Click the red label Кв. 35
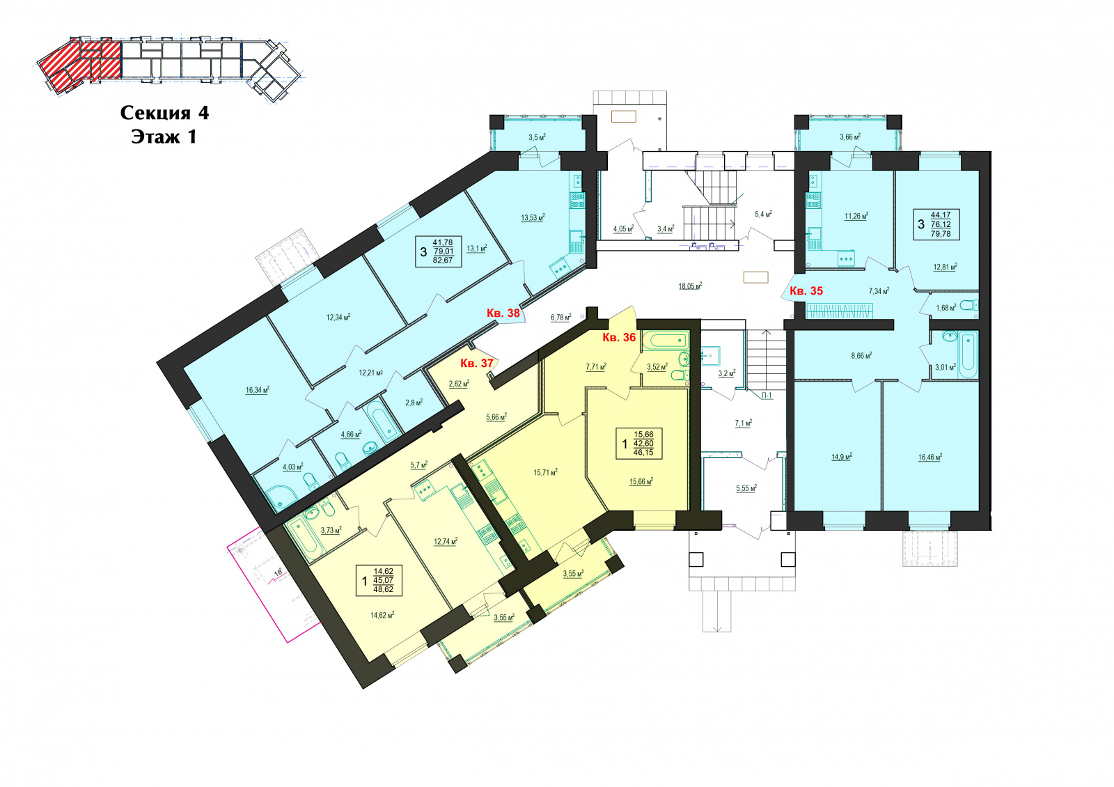[x=806, y=291]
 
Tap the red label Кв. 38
[x=503, y=313]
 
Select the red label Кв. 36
[x=619, y=337]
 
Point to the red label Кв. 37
[x=476, y=363]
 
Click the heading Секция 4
[x=164, y=113]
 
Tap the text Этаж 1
[x=164, y=137]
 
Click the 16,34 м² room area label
[x=257, y=390]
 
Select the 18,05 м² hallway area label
[x=690, y=286]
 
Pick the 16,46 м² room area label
[x=930, y=458]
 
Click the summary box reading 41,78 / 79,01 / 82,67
[x=438, y=251]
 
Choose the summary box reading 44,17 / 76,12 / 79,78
[x=936, y=224]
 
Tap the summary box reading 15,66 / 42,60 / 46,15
[x=639, y=443]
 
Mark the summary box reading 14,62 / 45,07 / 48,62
[x=379, y=581]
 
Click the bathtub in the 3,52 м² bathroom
[x=665, y=341]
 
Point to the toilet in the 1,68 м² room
[x=968, y=305]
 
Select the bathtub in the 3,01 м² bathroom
[x=968, y=355]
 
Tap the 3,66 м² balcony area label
[x=850, y=137]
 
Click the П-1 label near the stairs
[x=767, y=396]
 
